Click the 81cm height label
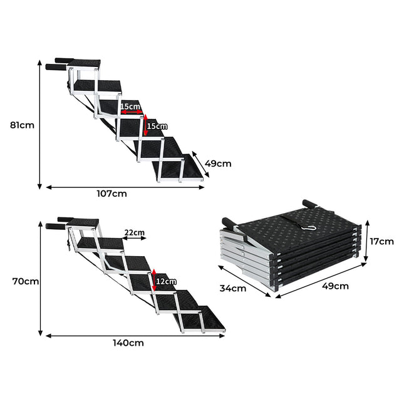[22, 125]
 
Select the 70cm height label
[24, 281]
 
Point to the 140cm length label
[128, 343]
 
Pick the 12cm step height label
[167, 281]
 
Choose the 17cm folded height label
[381, 241]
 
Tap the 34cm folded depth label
[233, 288]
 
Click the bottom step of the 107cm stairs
[179, 168]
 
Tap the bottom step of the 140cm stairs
[207, 319]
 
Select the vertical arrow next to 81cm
[39, 125]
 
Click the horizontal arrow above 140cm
[134, 335]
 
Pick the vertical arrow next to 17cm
[366, 241]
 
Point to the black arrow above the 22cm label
[134, 238]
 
